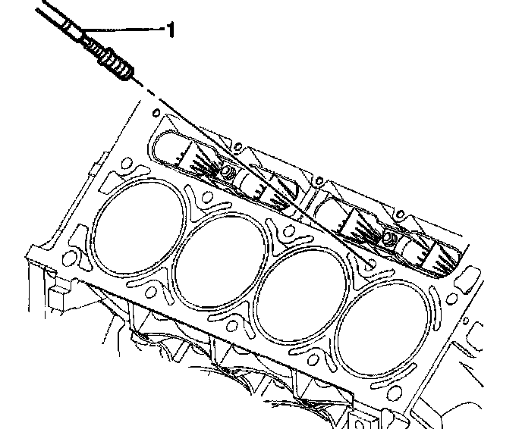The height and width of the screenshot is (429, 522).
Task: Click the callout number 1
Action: tap(170, 30)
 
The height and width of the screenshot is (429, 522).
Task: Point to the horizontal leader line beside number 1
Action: tap(123, 30)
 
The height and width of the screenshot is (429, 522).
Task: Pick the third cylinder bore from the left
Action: tap(300, 295)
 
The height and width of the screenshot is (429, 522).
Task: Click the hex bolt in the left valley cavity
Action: tap(227, 173)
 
